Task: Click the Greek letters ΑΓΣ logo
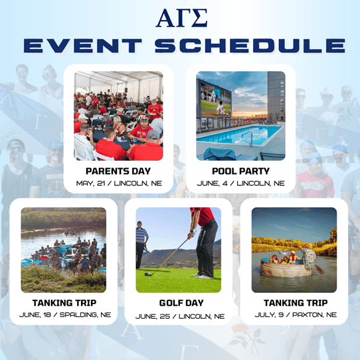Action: click(181, 18)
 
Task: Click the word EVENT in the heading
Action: click(82, 45)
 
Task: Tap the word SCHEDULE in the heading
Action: click(250, 45)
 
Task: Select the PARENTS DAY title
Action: click(118, 171)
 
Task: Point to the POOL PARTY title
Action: click(240, 171)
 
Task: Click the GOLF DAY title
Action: click(181, 303)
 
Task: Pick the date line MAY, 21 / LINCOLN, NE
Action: click(119, 183)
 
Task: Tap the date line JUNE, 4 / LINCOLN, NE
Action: click(241, 183)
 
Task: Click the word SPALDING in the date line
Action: click(80, 315)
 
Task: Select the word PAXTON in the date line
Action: click(306, 315)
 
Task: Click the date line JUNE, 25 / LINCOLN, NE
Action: click(180, 316)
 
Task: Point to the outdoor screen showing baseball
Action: click(215, 100)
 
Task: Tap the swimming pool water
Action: click(238, 135)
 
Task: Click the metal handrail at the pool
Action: click(248, 138)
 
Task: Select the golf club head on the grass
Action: click(149, 274)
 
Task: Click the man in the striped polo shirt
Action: click(141, 244)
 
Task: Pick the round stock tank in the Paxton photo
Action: click(286, 268)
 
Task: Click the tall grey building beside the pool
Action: click(276, 96)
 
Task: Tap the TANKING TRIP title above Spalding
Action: click(64, 303)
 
